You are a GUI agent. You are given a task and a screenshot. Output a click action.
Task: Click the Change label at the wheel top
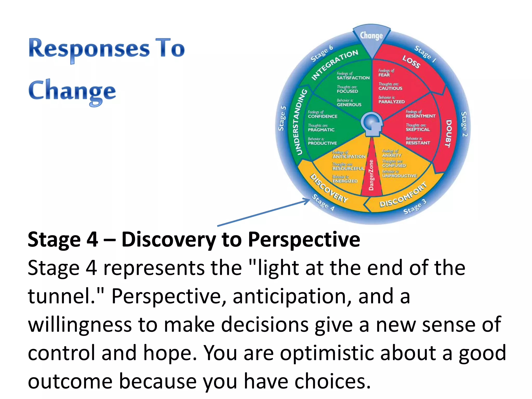(371, 36)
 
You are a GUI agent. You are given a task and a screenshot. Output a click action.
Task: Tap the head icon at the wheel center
(373, 124)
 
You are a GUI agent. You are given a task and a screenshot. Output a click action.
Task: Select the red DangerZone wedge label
(371, 175)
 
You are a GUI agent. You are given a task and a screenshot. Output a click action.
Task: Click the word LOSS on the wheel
(411, 62)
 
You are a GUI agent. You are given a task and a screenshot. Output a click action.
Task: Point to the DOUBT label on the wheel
(448, 134)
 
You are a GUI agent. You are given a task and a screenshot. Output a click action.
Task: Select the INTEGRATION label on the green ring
(335, 64)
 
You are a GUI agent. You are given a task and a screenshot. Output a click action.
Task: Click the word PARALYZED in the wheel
(391, 102)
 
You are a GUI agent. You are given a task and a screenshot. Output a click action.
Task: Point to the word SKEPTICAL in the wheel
(418, 129)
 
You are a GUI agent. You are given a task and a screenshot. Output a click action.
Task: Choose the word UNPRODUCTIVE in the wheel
(399, 176)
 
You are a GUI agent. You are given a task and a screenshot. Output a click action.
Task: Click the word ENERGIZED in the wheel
(345, 181)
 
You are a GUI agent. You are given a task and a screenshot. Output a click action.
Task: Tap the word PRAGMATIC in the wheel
(321, 130)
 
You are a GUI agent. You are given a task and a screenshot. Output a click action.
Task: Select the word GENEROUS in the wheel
(349, 105)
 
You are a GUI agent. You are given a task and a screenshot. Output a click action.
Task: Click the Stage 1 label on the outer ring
(425, 54)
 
